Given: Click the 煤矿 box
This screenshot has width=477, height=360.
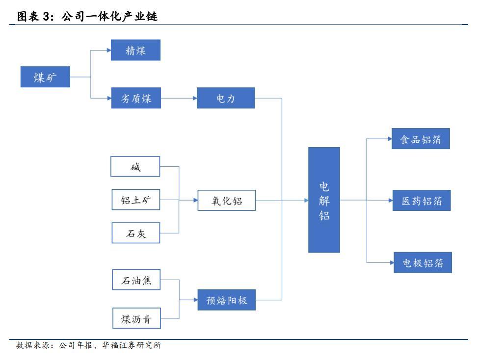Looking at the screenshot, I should tap(45, 77).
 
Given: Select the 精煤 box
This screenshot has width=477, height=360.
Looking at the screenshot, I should tap(135, 50).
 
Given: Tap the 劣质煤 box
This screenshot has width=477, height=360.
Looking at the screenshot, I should tap(135, 98).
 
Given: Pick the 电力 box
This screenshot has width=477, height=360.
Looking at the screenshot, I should tap(226, 98).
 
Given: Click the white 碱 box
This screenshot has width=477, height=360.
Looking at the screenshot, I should tap(135, 167).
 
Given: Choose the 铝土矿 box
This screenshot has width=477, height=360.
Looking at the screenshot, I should tap(135, 200).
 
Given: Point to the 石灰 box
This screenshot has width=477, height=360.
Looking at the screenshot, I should tap(135, 233).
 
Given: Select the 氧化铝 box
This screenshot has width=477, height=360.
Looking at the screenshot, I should tap(227, 200).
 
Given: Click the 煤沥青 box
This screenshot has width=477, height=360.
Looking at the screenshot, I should tap(136, 319).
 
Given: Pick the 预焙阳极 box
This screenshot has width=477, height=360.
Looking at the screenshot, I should tap(226, 300).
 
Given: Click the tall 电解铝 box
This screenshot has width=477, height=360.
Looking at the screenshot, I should tap(324, 200).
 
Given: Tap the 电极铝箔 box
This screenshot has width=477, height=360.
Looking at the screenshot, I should tap(423, 263).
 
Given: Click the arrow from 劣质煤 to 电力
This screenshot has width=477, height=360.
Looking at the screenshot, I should tap(179, 98).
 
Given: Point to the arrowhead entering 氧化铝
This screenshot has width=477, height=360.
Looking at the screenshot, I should tap(195, 200).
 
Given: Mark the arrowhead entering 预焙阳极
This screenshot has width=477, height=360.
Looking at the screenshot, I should tap(195, 300).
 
